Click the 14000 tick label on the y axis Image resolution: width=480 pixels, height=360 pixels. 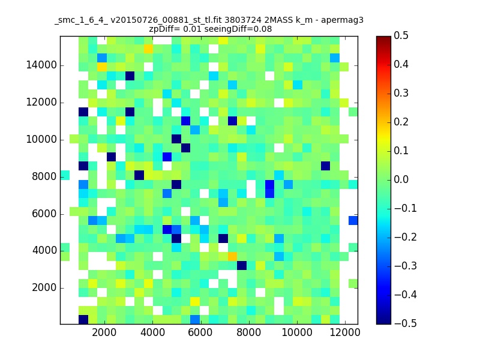[41, 65]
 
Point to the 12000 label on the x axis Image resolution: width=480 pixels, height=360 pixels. [344, 332]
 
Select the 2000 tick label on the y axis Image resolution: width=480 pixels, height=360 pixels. [44, 288]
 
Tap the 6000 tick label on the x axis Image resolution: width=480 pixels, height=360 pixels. [200, 332]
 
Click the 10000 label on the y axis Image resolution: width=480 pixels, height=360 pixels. [41, 140]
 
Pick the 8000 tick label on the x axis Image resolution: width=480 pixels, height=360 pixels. [248, 332]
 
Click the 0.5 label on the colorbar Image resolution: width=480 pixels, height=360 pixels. [401, 35]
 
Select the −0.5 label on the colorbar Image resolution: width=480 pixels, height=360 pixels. [406, 323]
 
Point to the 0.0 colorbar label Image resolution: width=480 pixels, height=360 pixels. [401, 179]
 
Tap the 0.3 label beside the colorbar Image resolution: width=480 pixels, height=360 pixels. [401, 93]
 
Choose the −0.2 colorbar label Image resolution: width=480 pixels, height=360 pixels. [406, 237]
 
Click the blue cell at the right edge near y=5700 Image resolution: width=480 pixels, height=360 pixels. [353, 220]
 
